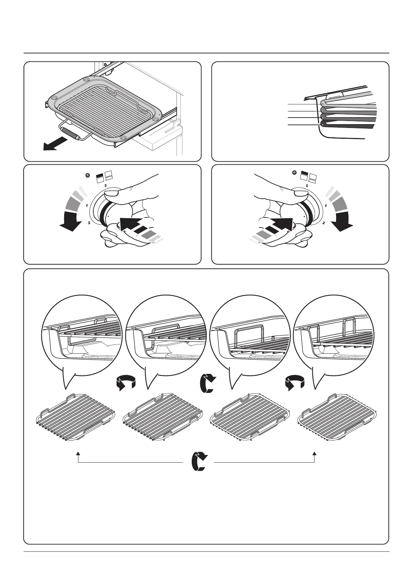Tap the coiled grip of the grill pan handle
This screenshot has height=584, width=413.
coord(70,134)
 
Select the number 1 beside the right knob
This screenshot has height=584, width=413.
coord(326,206)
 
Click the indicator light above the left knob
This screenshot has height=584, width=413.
coord(88,175)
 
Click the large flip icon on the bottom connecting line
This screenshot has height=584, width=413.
coord(199,462)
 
